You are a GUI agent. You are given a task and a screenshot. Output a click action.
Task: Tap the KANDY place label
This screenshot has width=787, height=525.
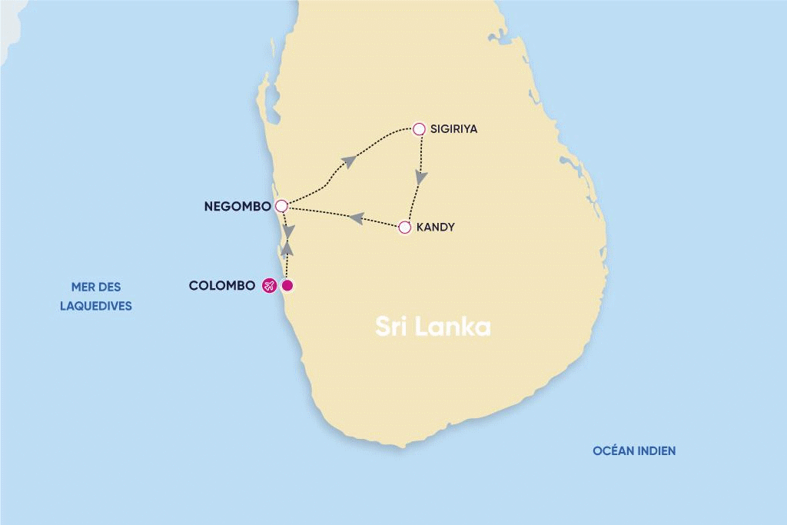[x=436, y=228]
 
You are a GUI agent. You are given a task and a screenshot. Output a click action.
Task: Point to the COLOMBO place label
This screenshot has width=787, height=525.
[x=221, y=286]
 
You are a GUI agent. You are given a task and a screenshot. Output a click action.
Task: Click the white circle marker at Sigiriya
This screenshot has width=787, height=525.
[x=419, y=129]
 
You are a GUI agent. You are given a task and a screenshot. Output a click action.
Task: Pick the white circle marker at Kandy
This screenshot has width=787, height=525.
[x=405, y=228]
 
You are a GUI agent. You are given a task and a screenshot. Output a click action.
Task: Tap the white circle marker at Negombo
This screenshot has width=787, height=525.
[x=281, y=206]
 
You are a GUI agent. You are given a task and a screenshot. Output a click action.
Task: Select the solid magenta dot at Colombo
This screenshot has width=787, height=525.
[x=287, y=286]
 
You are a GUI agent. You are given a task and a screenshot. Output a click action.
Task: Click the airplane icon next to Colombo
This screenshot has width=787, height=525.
[x=269, y=286]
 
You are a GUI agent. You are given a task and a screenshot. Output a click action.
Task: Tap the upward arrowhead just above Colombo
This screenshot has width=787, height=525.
[x=287, y=248]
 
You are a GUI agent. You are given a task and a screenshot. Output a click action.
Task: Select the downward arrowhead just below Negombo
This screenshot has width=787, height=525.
[x=287, y=230]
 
